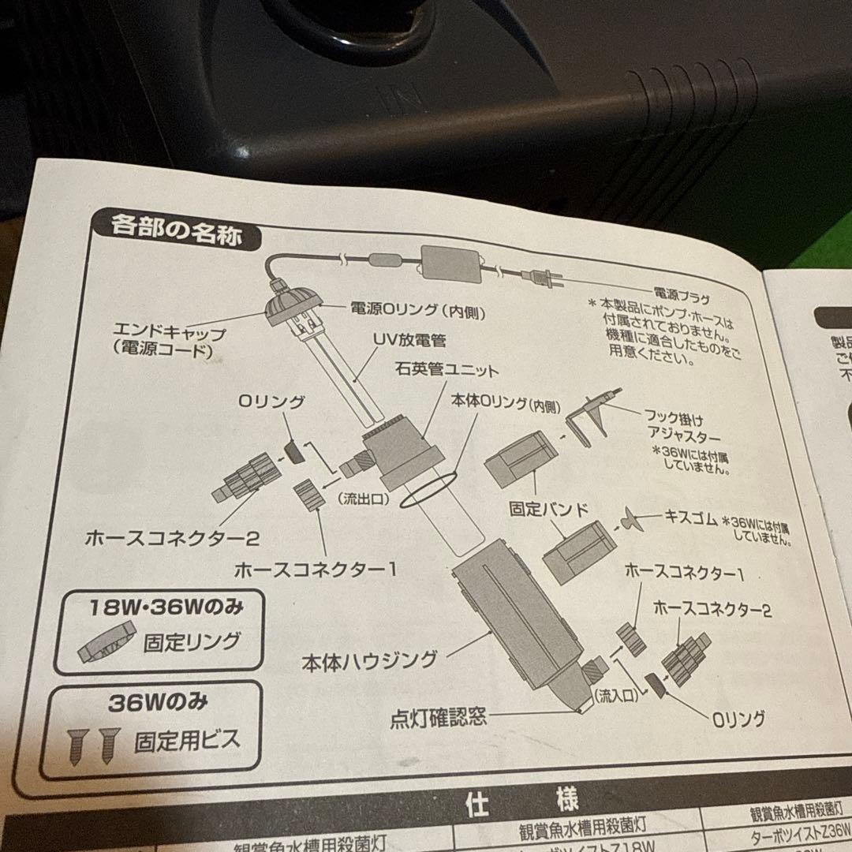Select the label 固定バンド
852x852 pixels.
coord(549,510)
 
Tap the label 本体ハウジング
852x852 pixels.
coord(369,660)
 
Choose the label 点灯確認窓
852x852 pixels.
coord(439,718)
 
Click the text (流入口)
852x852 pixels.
coord(613,695)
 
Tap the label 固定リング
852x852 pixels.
coord(191,641)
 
